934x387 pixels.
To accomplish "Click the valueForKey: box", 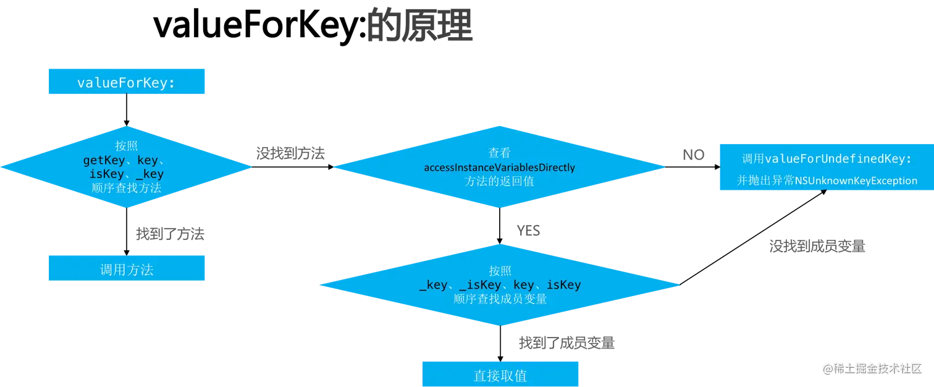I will tap(126, 83).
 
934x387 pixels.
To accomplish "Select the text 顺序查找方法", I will tap(126, 188).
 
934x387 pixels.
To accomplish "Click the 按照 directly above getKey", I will tap(126, 147).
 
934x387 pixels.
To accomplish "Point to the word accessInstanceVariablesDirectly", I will tap(499, 168).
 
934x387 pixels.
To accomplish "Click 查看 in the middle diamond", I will tap(499, 153).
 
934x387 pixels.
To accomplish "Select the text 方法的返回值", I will tap(499, 182).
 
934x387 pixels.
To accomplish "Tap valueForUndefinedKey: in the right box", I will tap(838, 159).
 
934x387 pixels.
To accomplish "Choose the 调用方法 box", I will tap(126, 270).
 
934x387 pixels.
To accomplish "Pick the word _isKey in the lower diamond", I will tap(481, 285).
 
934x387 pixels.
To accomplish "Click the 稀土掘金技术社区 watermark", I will tap(872, 368).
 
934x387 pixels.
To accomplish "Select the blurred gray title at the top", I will tap(420, 26).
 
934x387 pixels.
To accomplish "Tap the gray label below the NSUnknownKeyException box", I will tap(818, 248).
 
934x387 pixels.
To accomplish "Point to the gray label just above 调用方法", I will tap(170, 234).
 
